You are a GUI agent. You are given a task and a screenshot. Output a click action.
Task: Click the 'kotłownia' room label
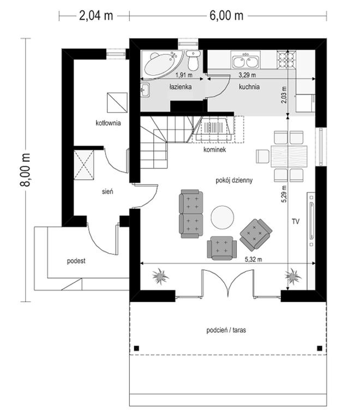coord(108,123)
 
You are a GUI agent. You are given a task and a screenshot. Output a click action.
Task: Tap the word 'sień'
coord(107,192)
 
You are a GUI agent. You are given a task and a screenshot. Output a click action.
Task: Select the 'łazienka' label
coord(181,87)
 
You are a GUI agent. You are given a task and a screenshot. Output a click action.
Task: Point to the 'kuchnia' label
coord(249,87)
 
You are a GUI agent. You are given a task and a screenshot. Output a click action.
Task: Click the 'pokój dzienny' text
coord(234,180)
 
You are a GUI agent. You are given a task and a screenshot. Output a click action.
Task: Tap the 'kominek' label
coord(214,149)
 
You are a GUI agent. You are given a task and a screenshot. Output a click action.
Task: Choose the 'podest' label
coord(76,261)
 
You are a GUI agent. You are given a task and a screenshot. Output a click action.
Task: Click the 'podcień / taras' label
coord(226,330)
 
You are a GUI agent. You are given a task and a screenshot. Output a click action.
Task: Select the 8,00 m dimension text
coord(26,170)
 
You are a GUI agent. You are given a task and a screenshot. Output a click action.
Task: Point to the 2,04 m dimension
coord(96,16)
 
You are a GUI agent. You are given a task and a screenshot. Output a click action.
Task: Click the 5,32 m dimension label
coord(253,259)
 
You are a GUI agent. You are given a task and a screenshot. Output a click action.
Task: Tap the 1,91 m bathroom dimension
coord(184,75)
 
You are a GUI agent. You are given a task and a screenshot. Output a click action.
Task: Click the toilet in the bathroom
coord(193,60)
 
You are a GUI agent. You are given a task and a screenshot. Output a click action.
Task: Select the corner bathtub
coord(162,64)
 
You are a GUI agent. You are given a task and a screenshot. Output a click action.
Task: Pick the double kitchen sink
coord(245,60)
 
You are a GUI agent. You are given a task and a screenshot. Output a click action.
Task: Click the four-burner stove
coord(286,59)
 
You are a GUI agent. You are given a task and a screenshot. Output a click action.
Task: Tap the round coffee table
coord(222,217)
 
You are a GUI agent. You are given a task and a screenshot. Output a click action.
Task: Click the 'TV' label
coord(296,222)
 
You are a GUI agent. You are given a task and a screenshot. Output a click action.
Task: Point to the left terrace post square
coord(136,348)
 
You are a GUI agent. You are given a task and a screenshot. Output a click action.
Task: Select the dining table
coord(289,156)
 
